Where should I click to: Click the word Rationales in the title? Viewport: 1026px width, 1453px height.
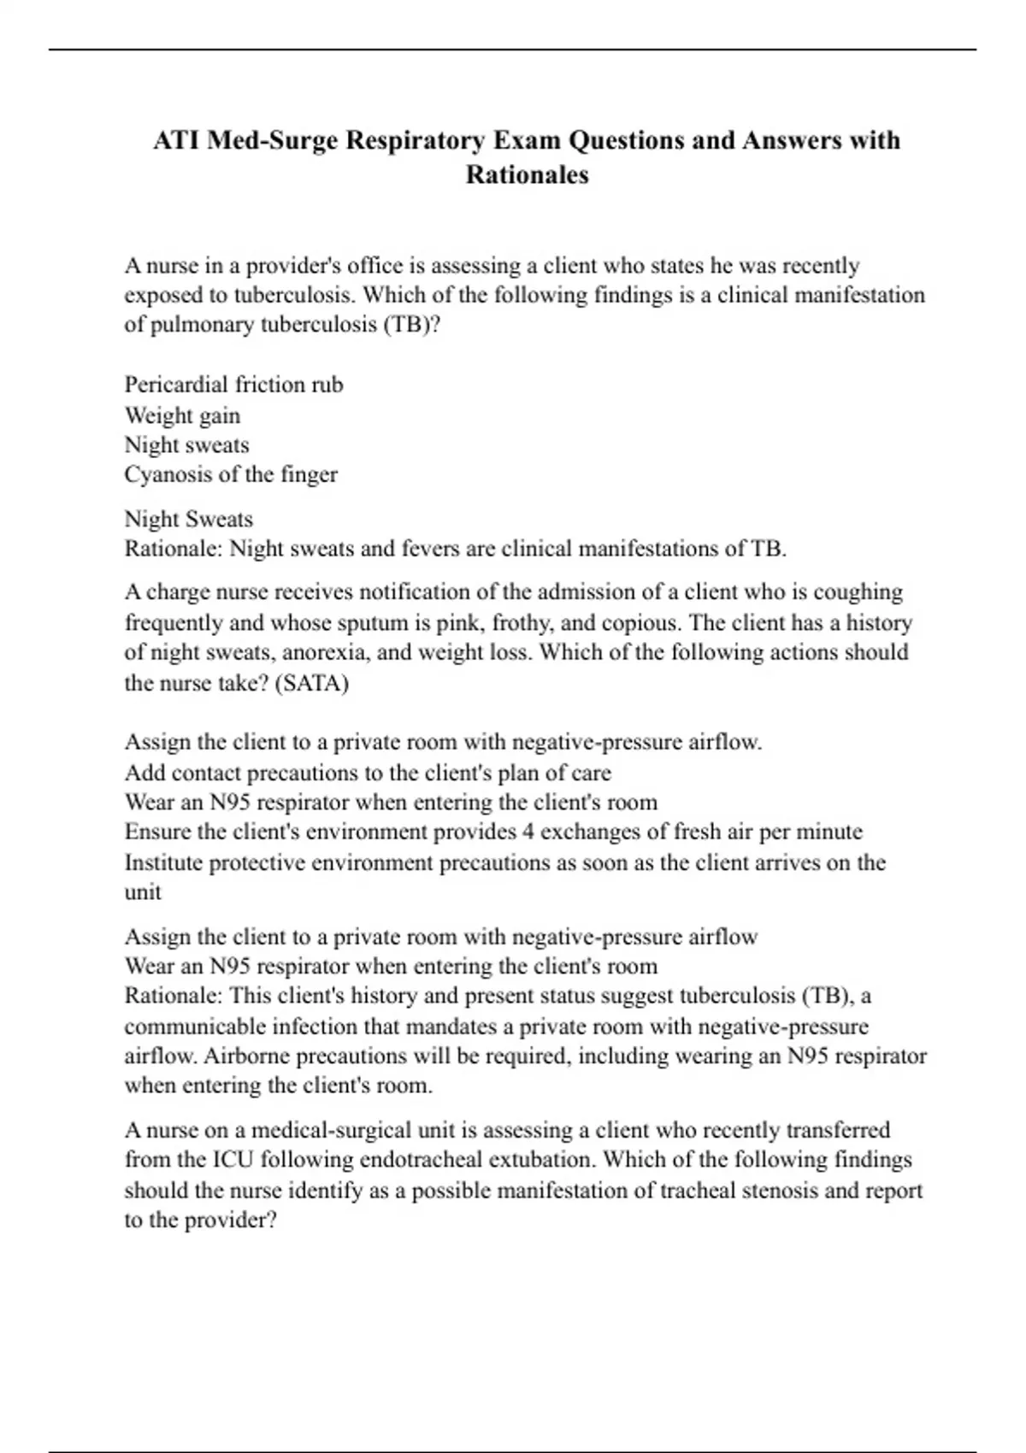(527, 174)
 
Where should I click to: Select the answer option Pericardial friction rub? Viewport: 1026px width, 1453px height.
(233, 385)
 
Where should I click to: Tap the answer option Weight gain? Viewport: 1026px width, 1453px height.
(182, 415)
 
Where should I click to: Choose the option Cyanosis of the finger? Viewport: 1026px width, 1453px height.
(231, 474)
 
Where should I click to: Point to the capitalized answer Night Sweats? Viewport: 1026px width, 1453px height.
(188, 519)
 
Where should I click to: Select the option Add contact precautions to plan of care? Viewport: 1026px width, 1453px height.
(368, 773)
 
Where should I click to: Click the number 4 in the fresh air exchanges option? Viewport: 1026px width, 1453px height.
(528, 832)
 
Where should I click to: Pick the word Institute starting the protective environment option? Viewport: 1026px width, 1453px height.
(163, 862)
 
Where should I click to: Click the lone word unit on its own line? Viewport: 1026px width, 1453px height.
(143, 892)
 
